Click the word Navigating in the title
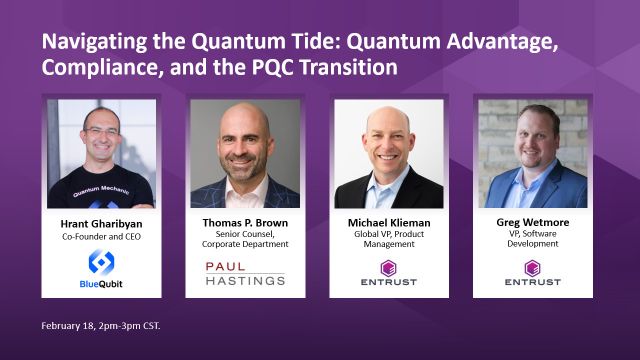[x=94, y=42]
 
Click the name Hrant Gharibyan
[x=101, y=224]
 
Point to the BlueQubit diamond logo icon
[x=101, y=262]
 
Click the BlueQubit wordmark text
[x=101, y=284]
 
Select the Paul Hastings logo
[x=245, y=273]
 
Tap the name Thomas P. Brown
[x=245, y=223]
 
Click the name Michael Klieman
[x=389, y=223]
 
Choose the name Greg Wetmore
[x=533, y=222]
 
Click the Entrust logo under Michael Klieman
[x=389, y=273]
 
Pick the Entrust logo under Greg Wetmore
[x=532, y=273]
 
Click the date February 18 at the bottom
[x=68, y=326]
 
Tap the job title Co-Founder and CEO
[x=101, y=237]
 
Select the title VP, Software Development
[x=533, y=239]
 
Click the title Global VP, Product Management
[x=389, y=239]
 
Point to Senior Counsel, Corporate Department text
[x=245, y=239]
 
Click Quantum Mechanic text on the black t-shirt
[x=101, y=190]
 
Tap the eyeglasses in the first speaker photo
[x=101, y=132]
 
